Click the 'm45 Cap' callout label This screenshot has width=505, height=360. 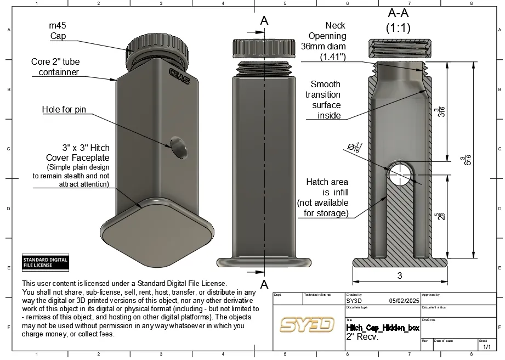coord(58,31)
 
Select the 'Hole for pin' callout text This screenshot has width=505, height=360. coord(64,110)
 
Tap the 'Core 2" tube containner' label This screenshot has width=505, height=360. coord(55,67)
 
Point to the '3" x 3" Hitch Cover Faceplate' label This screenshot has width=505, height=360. coord(77,153)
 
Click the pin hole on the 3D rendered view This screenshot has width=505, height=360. coord(178,148)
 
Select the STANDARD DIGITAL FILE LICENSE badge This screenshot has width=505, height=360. coord(45,262)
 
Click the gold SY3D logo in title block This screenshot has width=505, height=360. coord(307,324)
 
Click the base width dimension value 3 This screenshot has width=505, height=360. coord(400,275)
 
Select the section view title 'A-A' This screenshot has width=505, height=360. coord(399,13)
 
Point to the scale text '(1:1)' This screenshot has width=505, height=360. coord(399,27)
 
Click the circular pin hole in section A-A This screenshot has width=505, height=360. coord(400,174)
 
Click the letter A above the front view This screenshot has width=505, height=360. coord(264,21)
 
